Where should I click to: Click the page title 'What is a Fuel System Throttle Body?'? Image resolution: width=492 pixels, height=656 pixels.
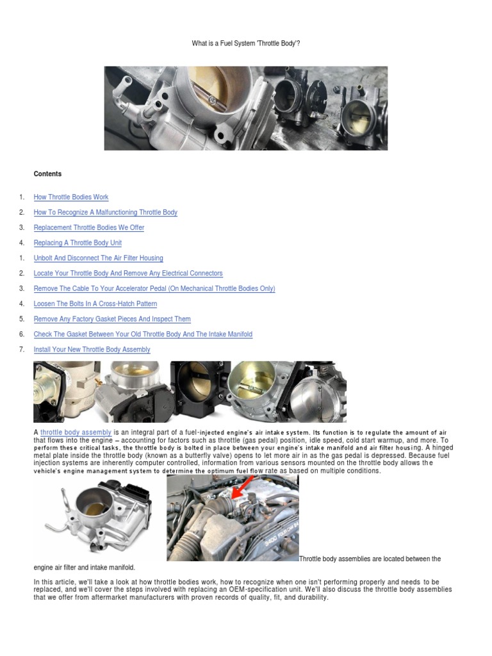(x=246, y=44)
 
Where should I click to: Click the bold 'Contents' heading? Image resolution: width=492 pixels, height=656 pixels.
(x=47, y=174)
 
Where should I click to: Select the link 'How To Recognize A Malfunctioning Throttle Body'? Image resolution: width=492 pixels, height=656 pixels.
(x=105, y=212)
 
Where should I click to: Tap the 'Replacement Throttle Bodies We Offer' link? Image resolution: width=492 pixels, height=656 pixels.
(x=88, y=227)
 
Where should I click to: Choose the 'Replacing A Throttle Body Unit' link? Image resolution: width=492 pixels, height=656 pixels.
(x=78, y=243)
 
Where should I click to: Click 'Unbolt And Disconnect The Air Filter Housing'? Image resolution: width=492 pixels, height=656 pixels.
(x=98, y=258)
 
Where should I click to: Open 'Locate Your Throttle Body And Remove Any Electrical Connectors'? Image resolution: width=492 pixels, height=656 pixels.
(x=128, y=274)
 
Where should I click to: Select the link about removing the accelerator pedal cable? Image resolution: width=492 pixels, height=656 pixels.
(x=154, y=289)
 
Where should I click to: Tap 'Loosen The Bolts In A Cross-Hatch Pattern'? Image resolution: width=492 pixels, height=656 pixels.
(x=95, y=304)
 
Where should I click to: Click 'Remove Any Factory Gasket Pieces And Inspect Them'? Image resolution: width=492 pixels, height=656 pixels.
(x=112, y=319)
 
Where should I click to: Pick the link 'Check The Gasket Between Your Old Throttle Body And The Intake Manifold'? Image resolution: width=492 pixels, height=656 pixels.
(x=143, y=334)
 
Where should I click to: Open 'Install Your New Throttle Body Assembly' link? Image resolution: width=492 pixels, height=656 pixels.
(x=92, y=350)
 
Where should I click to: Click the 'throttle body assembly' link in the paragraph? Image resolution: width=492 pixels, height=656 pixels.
(x=76, y=433)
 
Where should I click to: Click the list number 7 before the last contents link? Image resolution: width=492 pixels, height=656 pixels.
(x=21, y=350)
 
